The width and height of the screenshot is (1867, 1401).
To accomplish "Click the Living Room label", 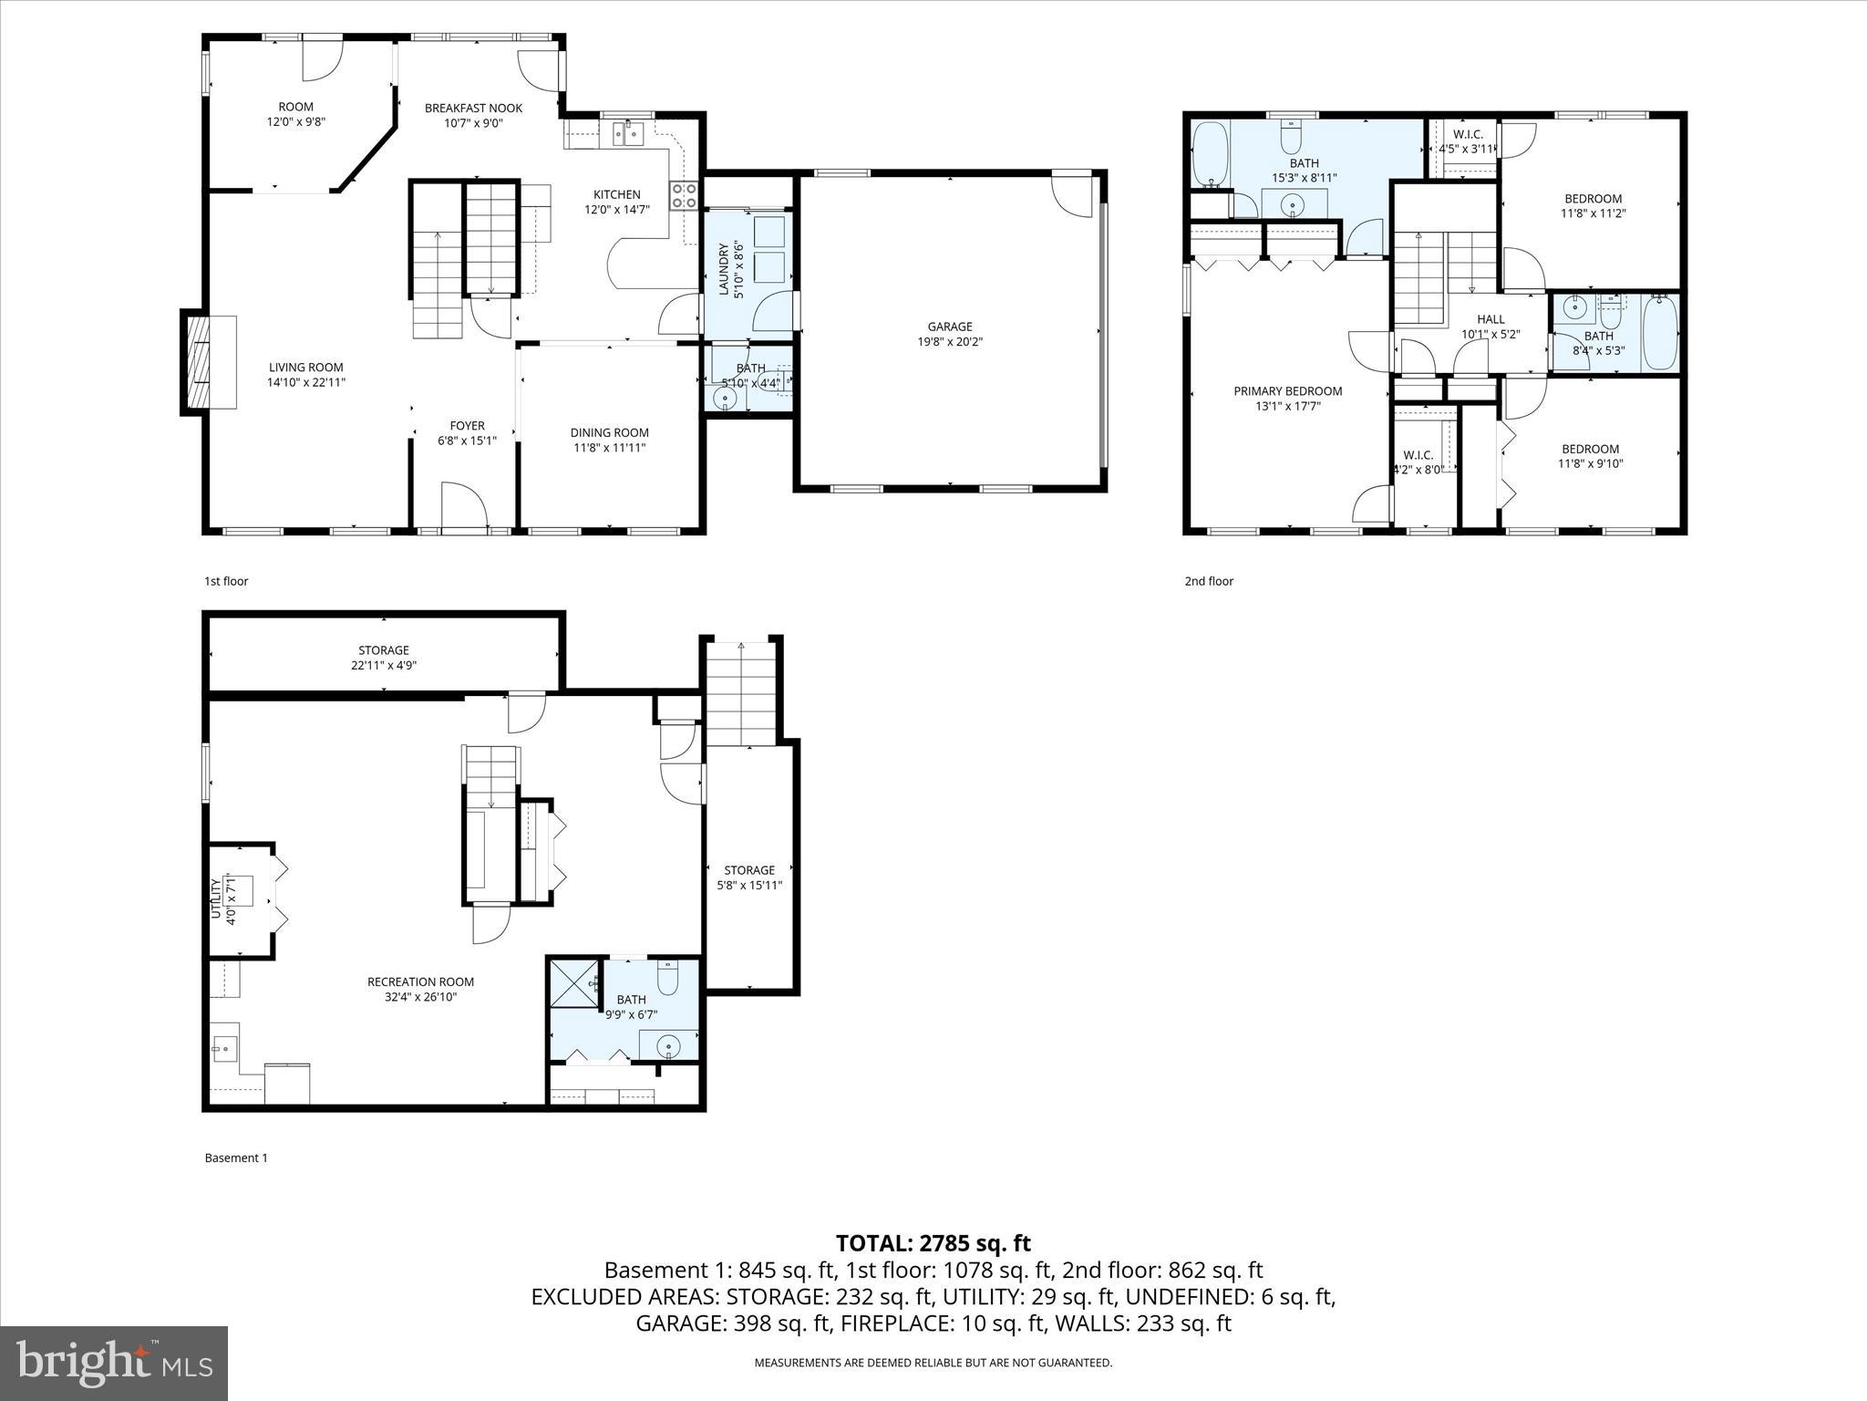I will point(306,368).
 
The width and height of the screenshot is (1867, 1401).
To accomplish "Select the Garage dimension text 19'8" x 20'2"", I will point(950,342).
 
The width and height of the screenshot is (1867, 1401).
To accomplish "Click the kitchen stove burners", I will point(684,195).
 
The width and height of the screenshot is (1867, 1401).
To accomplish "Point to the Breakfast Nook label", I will point(473,108).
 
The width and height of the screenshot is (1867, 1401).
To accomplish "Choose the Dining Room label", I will point(609,432).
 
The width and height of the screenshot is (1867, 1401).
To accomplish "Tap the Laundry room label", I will point(725,270).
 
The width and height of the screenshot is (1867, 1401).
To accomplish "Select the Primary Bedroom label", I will point(1287,391).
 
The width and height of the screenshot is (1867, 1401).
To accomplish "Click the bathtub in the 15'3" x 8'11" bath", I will point(1211,154).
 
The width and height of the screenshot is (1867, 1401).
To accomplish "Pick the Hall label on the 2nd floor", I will point(1491,319).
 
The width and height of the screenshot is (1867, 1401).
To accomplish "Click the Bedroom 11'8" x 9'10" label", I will point(1590,449).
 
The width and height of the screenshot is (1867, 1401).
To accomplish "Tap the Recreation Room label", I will point(420,981).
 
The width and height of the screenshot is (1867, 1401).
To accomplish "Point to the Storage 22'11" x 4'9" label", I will point(383,650).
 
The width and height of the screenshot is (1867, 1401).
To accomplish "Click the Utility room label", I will point(217,899).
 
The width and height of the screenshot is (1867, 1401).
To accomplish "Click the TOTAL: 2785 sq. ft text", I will point(933,1243).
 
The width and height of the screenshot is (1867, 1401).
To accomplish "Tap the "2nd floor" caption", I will point(1208,581).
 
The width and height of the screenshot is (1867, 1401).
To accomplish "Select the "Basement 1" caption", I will point(236,1157).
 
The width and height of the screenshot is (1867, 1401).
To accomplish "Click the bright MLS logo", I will point(114,1363).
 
